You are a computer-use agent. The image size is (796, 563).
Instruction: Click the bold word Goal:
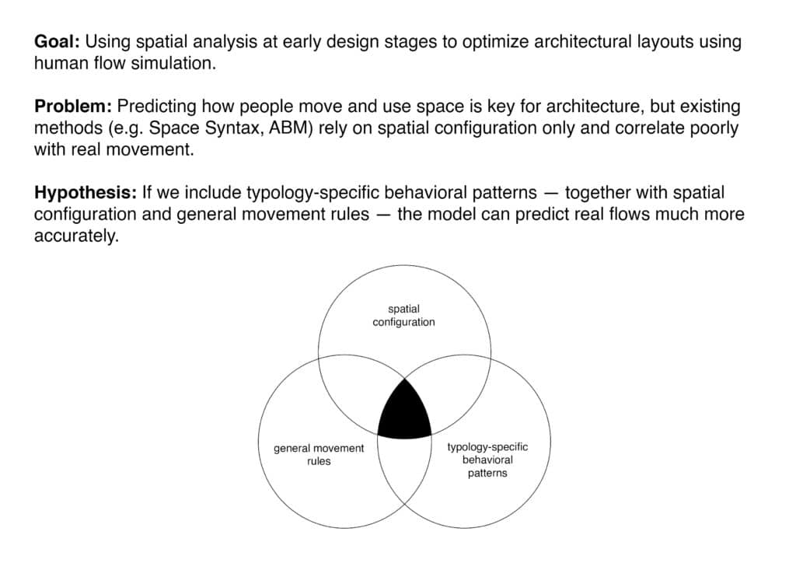tap(57, 42)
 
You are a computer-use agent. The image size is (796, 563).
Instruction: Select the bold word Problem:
tap(72, 106)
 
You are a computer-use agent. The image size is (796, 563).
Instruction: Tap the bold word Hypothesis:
tap(85, 192)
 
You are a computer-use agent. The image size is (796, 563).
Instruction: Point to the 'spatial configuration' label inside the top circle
tap(403, 316)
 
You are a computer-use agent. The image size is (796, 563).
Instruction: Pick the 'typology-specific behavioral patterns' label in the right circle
tap(487, 460)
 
